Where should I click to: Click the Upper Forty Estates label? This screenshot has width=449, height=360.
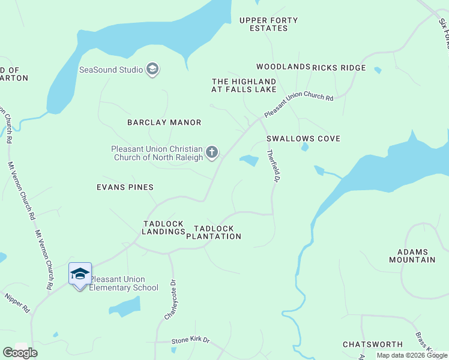pos(268,24)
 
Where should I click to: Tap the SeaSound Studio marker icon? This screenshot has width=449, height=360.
pos(152,70)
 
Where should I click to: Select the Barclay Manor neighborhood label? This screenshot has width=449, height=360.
pos(164,122)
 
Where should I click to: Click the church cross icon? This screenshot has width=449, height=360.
pos(211,153)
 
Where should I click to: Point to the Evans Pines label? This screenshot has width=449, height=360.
pos(125,187)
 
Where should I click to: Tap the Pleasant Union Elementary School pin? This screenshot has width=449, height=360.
pos(80,275)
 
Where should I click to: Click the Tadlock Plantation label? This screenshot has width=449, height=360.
pos(214,232)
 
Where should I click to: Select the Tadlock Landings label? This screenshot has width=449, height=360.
pos(164,228)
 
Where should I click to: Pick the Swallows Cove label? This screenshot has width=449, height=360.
pos(304,139)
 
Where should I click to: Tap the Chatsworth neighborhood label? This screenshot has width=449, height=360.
pos(373,344)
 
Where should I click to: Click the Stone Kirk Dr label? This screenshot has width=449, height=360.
pos(191,340)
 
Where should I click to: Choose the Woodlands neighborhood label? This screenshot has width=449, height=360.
pos(283,67)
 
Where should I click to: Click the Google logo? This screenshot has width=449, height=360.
pos(20,353)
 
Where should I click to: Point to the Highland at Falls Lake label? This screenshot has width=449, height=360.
pos(244,85)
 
